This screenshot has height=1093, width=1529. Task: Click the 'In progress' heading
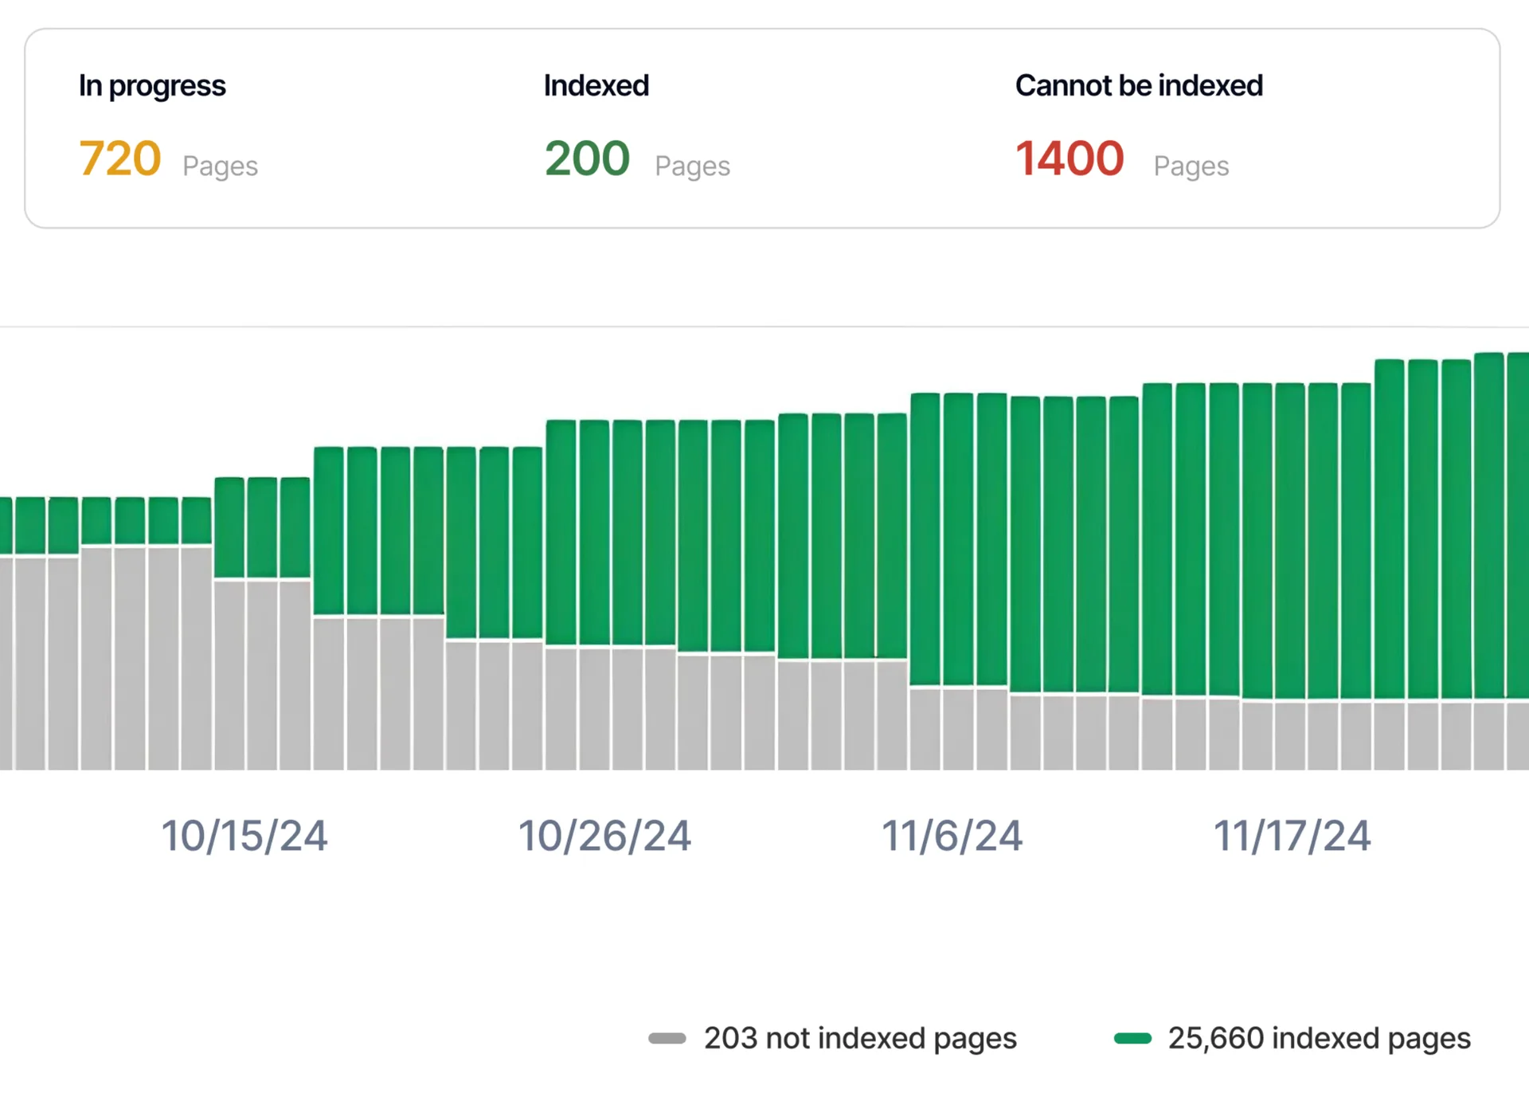pyautogui.click(x=152, y=86)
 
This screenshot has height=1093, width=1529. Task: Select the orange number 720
pyautogui.click(x=120, y=159)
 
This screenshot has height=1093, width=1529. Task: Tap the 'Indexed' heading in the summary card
pyautogui.click(x=596, y=86)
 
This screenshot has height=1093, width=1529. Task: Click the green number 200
pyautogui.click(x=587, y=159)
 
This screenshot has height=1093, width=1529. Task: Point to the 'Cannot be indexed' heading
pyautogui.click(x=1139, y=86)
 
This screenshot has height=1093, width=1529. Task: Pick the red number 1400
pyautogui.click(x=1070, y=159)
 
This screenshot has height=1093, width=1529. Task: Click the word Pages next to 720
pyautogui.click(x=220, y=166)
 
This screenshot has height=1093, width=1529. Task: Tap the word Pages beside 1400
pyautogui.click(x=1191, y=166)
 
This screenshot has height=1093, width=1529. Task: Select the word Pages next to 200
pyautogui.click(x=692, y=166)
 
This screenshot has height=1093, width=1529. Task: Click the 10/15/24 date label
pyautogui.click(x=244, y=836)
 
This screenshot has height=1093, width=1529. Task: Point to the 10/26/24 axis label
pyautogui.click(x=604, y=836)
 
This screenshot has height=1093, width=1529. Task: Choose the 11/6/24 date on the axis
pyautogui.click(x=952, y=836)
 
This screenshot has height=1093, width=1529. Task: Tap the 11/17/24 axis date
pyautogui.click(x=1292, y=836)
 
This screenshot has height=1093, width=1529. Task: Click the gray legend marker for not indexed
pyautogui.click(x=667, y=1038)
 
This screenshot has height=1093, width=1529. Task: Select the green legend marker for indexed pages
pyautogui.click(x=1132, y=1038)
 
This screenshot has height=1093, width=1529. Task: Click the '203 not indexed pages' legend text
pyautogui.click(x=860, y=1038)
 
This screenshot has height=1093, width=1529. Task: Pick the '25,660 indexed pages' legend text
pyautogui.click(x=1319, y=1038)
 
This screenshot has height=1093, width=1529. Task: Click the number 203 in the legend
pyautogui.click(x=730, y=1038)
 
